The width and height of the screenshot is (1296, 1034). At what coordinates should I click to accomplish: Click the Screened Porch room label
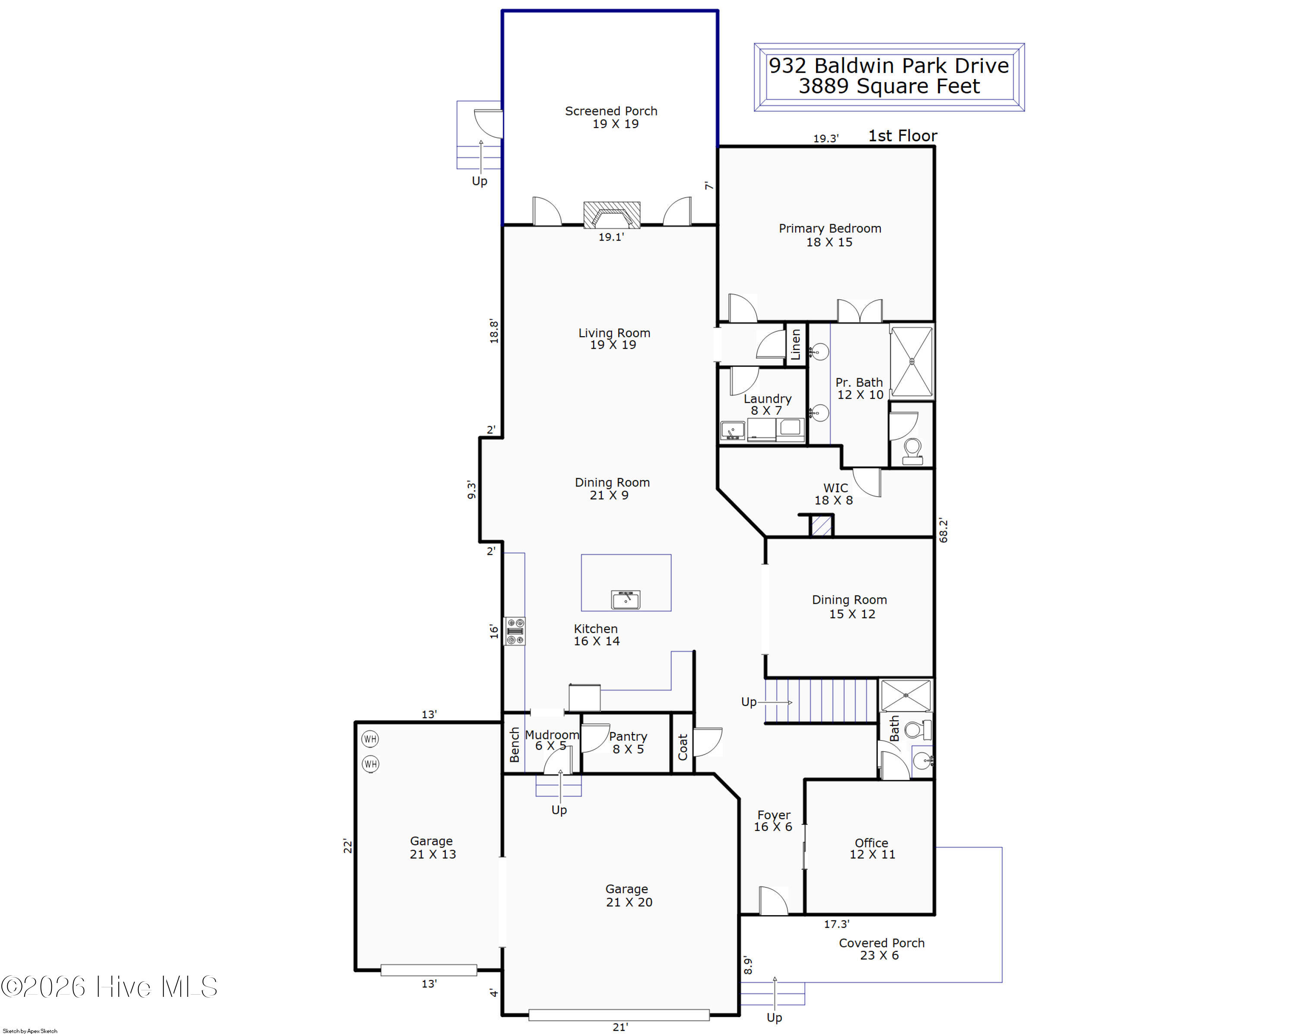[611, 117]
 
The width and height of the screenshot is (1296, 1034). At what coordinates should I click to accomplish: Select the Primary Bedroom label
[829, 235]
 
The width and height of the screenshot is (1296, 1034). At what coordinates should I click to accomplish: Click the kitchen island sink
[626, 599]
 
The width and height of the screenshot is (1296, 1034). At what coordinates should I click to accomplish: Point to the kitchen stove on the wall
[515, 632]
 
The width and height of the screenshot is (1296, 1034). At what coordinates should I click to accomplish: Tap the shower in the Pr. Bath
[912, 362]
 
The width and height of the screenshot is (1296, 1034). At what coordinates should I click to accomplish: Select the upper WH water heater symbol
[370, 739]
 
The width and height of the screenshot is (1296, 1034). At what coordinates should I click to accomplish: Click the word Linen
[795, 344]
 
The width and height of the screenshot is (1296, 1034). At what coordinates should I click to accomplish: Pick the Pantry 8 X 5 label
[628, 742]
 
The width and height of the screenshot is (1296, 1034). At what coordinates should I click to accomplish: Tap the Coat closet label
[683, 747]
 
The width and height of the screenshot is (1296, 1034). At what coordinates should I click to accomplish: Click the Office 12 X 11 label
[872, 848]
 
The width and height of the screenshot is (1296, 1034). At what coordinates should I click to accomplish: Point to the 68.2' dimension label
[943, 530]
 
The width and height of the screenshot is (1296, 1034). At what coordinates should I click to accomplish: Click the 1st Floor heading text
[903, 136]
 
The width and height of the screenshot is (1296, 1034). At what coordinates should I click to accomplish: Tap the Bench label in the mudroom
[515, 745]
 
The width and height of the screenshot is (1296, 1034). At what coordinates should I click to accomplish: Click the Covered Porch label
[882, 948]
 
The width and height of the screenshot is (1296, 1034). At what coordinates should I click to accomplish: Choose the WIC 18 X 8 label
[834, 494]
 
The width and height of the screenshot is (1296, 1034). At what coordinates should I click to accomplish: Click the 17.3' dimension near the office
[837, 924]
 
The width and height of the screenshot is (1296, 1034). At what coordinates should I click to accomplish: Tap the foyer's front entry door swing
[773, 900]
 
